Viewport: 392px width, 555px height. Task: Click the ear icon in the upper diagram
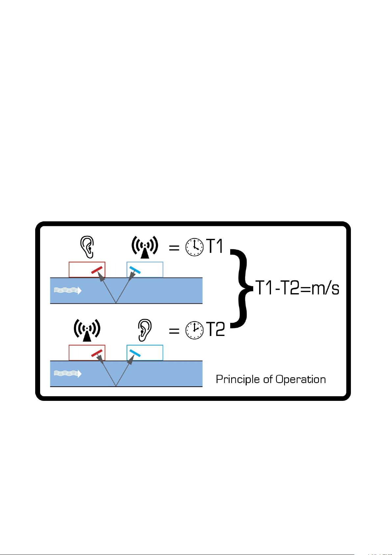click(87, 247)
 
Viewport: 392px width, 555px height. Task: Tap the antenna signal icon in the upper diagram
click(145, 247)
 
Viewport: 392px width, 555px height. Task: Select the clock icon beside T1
click(194, 247)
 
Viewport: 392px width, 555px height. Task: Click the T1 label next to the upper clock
click(215, 246)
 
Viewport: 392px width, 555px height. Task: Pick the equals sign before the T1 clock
click(174, 247)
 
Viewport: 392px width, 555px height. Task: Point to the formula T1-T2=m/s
click(297, 288)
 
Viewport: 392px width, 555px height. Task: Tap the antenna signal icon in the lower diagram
click(87, 330)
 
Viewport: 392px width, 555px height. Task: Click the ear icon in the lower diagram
click(145, 330)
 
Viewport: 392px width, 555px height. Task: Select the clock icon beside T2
click(194, 330)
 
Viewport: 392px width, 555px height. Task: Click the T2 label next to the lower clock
click(215, 329)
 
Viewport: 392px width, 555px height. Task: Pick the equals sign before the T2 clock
click(174, 330)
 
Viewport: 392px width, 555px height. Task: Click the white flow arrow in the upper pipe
click(68, 291)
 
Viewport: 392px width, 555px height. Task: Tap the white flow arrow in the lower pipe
click(68, 374)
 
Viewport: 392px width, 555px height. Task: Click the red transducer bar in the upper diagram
click(97, 270)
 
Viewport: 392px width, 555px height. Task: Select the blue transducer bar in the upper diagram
click(135, 270)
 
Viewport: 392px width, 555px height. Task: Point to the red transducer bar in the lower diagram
click(97, 353)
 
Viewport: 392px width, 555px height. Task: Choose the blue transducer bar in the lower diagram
click(135, 353)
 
